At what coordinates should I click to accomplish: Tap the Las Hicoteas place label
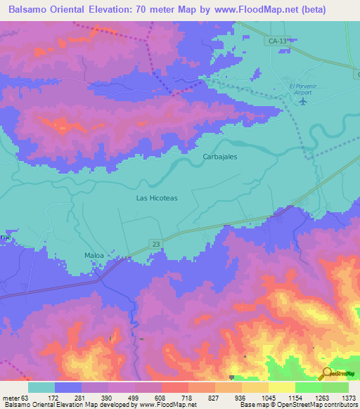coord(156,198)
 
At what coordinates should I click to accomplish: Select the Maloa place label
coord(94,255)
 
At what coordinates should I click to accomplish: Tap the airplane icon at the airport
coord(303,102)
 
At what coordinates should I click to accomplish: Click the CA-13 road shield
coord(277,41)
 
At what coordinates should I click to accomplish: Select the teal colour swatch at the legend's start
coord(41,387)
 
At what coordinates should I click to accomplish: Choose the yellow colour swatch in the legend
coord(282,387)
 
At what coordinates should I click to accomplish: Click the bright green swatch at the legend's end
coord(335,387)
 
